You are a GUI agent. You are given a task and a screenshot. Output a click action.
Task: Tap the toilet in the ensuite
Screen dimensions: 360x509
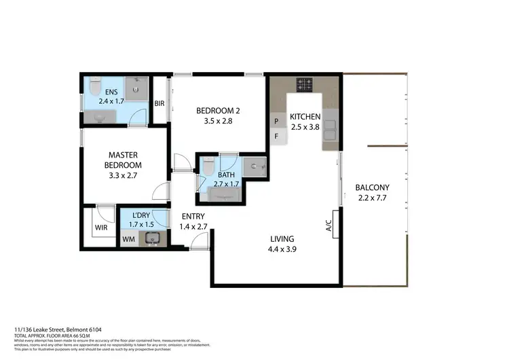pos(96,88)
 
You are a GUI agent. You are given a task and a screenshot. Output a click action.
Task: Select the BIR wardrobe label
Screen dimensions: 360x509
pos(159,104)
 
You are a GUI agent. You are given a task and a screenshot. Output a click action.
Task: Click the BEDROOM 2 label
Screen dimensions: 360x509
pos(218,111)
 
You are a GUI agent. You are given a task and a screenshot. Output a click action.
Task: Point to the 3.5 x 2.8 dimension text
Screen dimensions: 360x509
pos(218,122)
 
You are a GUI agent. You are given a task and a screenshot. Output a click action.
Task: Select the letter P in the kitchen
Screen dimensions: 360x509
pos(276,122)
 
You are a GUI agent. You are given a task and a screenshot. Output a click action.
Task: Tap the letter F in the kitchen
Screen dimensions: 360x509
pos(276,136)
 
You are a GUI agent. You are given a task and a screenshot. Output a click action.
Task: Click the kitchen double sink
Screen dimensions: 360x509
pos(331,130)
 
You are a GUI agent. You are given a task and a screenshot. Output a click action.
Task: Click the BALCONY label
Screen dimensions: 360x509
pos(372,188)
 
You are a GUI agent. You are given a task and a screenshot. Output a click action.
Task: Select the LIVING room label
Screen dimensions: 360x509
pos(282,238)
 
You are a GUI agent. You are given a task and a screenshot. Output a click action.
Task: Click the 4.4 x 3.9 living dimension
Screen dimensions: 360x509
pos(282,249)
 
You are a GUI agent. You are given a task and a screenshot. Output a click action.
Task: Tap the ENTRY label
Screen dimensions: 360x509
pos(193,217)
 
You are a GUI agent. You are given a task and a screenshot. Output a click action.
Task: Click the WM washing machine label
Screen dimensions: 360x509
pos(128,239)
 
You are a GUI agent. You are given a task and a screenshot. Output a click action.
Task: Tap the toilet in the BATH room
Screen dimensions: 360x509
pos(209,165)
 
